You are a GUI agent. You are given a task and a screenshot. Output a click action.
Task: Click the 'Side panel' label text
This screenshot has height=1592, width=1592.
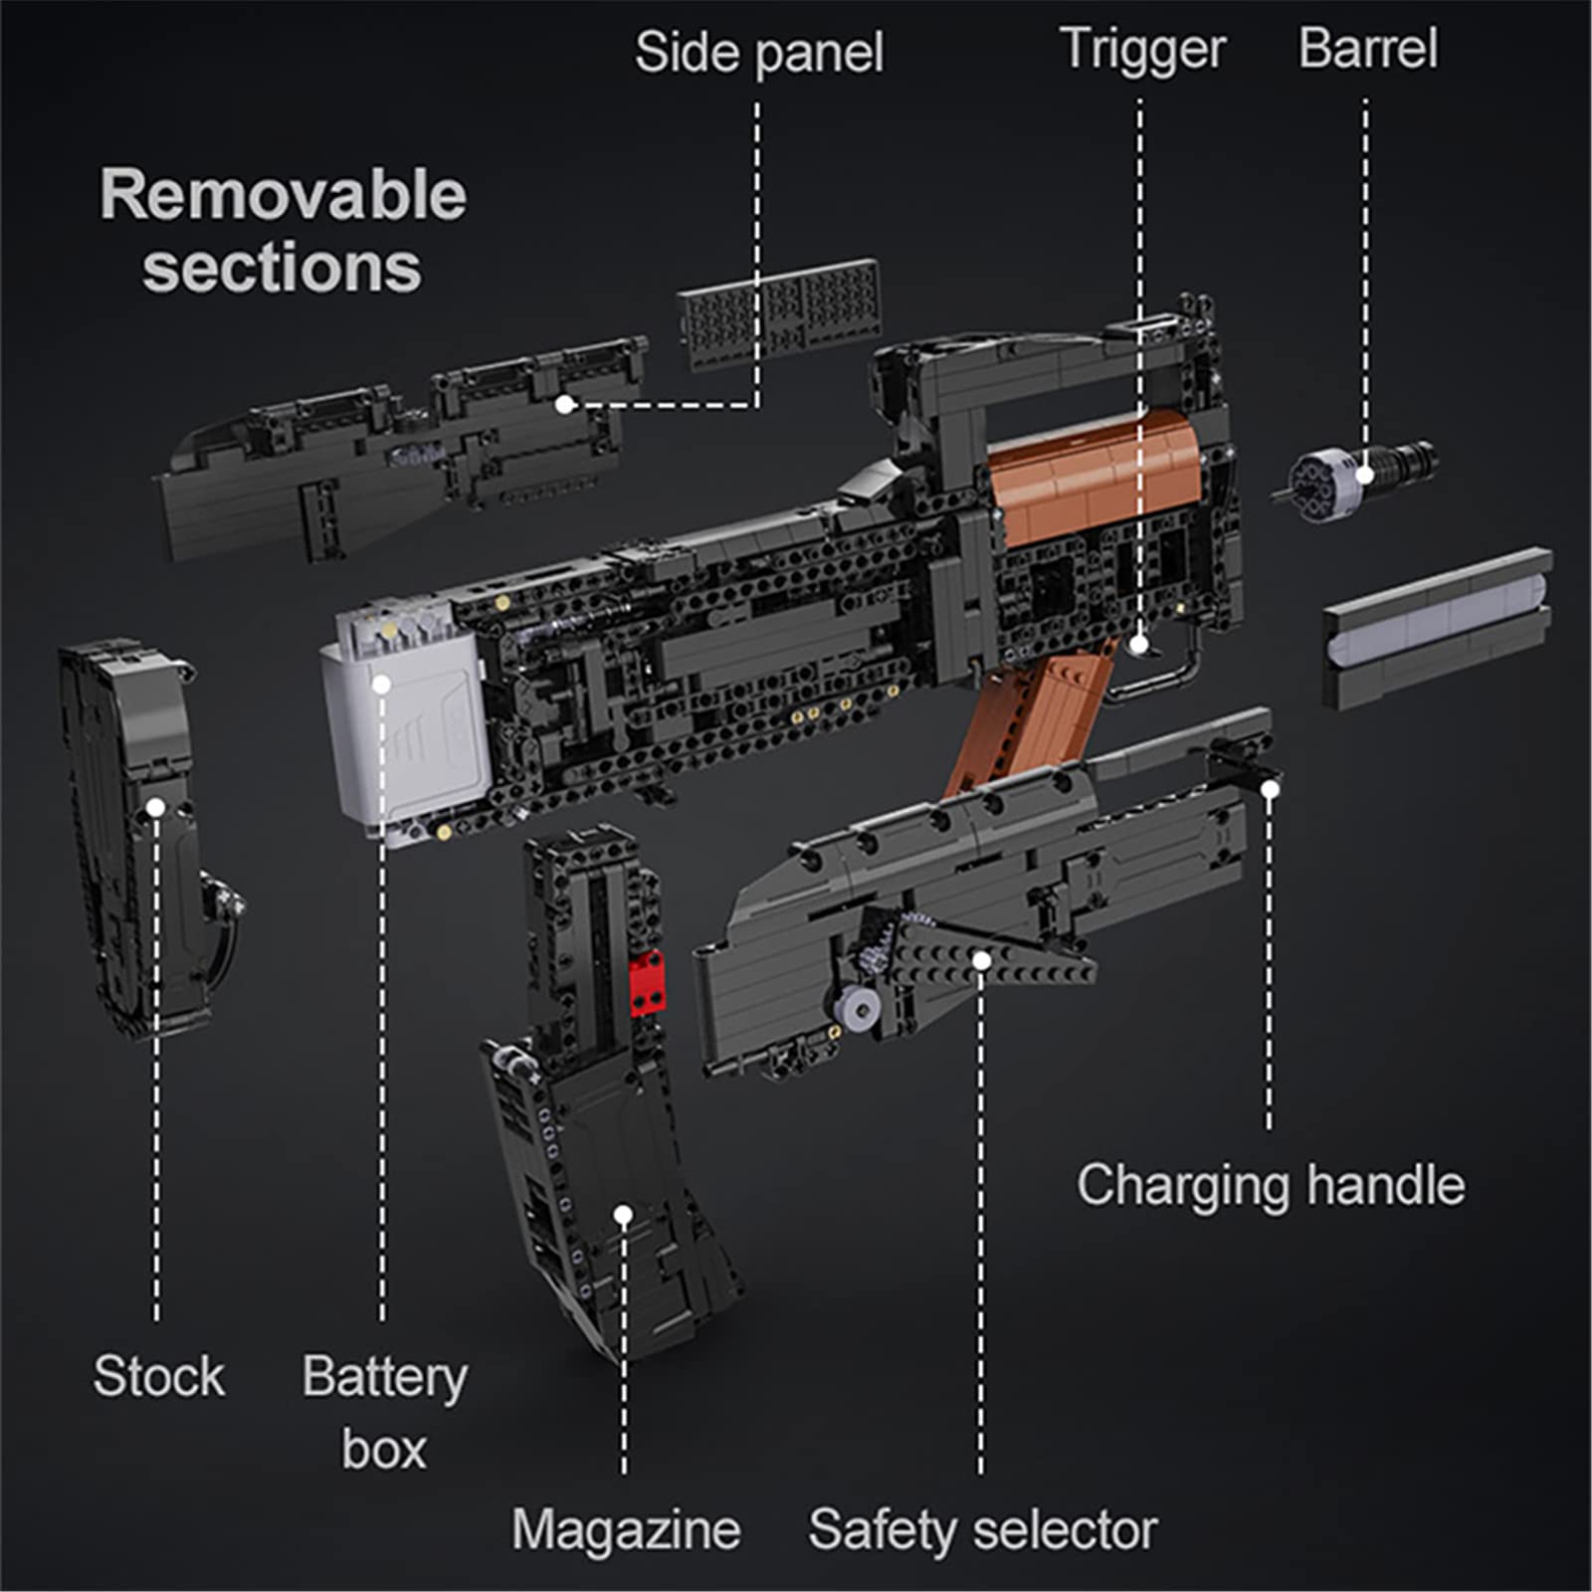(758, 52)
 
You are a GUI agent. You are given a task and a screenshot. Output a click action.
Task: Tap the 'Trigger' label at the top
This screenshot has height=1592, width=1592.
(1141, 50)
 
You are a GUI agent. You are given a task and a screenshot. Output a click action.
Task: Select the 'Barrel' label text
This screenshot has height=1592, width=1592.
(1367, 50)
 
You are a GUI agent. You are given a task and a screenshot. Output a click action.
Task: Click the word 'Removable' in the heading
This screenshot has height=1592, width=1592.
(283, 195)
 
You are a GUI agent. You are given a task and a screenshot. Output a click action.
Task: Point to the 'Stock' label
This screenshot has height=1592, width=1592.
(158, 1376)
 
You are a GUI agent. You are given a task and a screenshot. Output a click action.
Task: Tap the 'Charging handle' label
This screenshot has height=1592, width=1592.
(1270, 1185)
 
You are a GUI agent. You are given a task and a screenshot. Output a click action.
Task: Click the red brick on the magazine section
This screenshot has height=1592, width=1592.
(647, 980)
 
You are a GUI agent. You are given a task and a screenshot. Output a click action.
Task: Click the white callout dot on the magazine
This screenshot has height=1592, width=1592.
(623, 1214)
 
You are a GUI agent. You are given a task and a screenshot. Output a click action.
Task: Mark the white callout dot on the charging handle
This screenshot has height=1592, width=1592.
(1270, 789)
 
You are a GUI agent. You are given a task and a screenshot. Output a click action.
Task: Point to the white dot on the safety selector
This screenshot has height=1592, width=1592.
(981, 960)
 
